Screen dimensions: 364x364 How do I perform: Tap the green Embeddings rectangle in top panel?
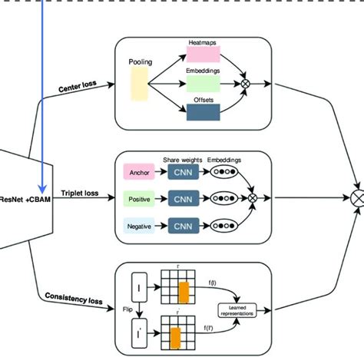point(204,83)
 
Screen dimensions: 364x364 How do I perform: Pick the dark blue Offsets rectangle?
point(204,111)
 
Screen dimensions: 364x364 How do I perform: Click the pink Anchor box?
point(140,173)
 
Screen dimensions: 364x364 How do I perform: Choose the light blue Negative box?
point(140,227)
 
